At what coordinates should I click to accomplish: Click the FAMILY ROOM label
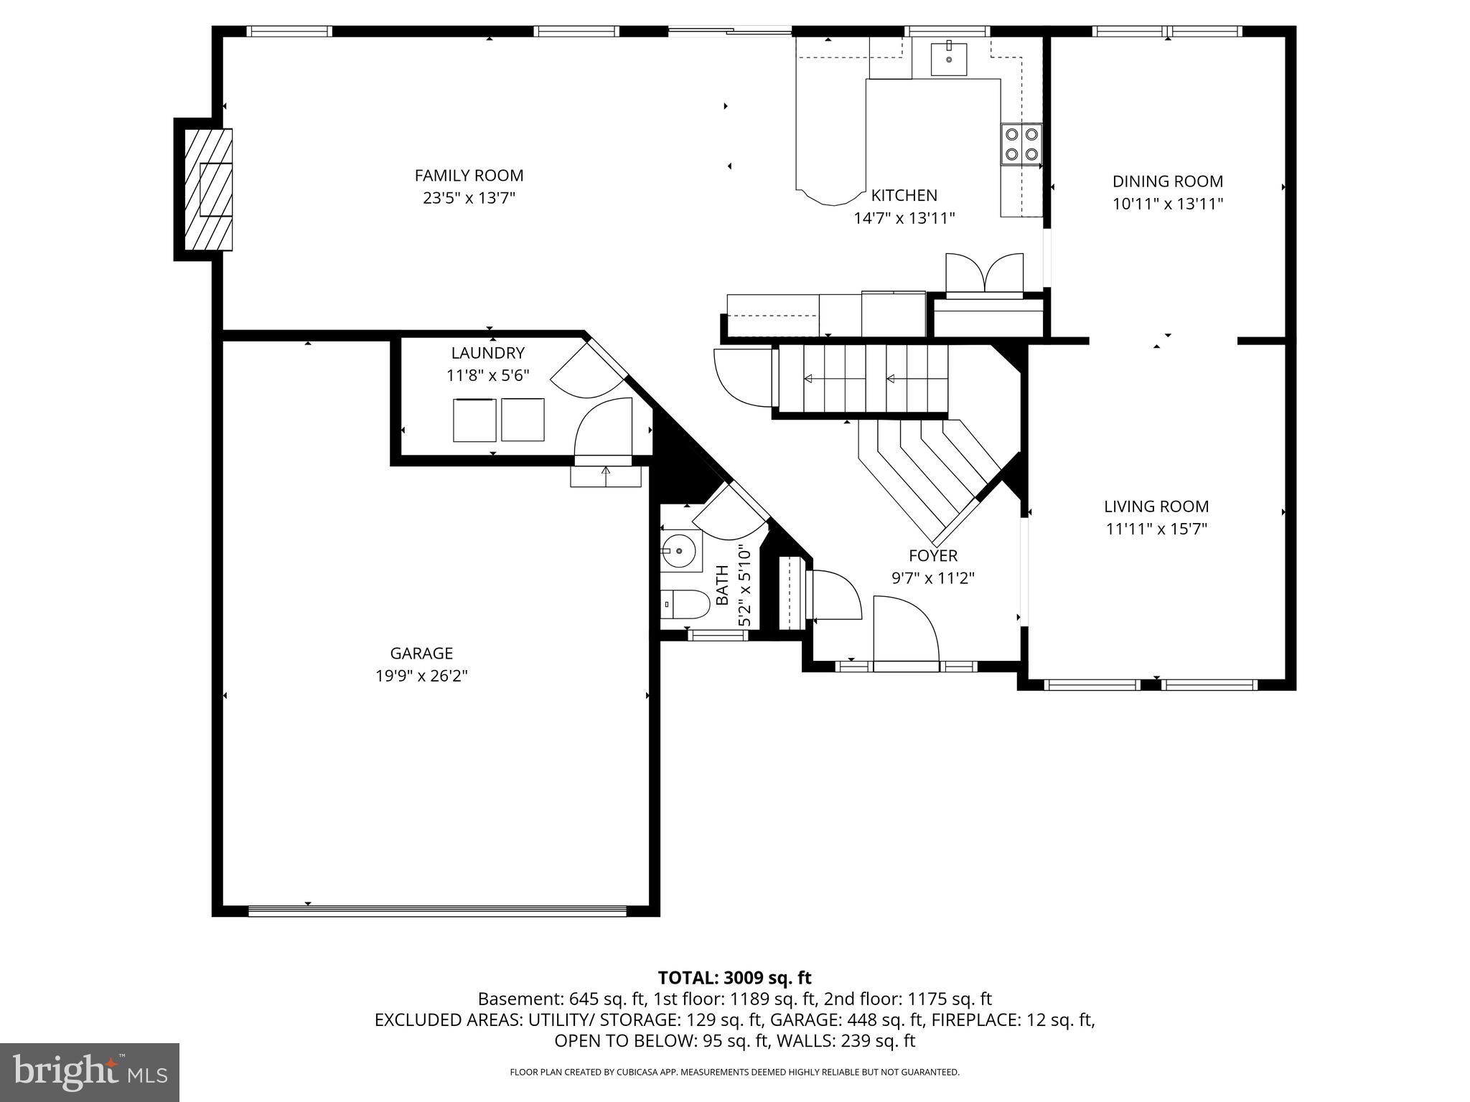pos(469,175)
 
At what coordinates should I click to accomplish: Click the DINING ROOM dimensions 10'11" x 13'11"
pos(1167,204)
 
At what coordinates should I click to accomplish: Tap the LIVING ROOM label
pos(1156,507)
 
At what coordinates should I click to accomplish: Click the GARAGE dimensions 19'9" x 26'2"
pos(421,676)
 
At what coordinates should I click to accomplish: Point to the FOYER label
pos(932,555)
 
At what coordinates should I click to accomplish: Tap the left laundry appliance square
pos(474,420)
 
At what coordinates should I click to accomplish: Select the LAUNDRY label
pos(487,353)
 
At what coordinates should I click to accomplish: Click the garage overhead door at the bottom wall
pos(437,911)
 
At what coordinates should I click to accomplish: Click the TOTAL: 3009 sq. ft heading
pos(734,977)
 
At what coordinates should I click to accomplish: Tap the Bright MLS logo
pos(90,1072)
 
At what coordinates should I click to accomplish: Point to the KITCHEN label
pos(904,195)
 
